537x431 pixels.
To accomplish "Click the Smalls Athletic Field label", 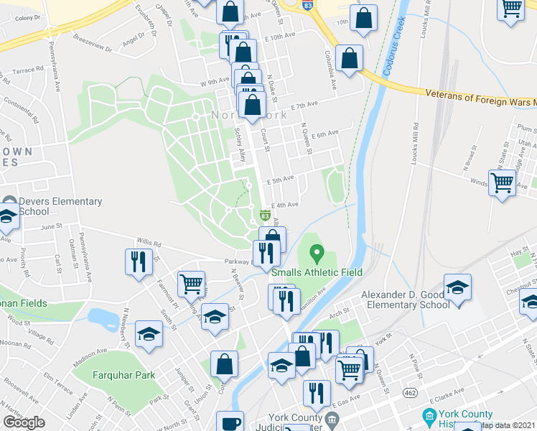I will coord(317,272).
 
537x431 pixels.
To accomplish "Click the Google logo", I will coord(24,422).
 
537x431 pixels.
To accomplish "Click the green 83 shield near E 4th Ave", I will coord(265,215).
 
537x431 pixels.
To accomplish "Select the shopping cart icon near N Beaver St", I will coord(191,284).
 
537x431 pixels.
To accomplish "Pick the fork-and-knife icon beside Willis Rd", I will coord(139,261).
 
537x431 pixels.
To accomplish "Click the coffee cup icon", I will coord(230,422).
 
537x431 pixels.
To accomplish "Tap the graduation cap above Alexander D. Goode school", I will coord(457,287).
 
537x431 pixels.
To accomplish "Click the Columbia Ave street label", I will coord(330,69).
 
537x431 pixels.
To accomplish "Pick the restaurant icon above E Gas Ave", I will coord(315,392).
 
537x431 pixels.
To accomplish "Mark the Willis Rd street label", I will coord(147,242).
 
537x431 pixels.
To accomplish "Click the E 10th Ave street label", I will coord(280,36).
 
